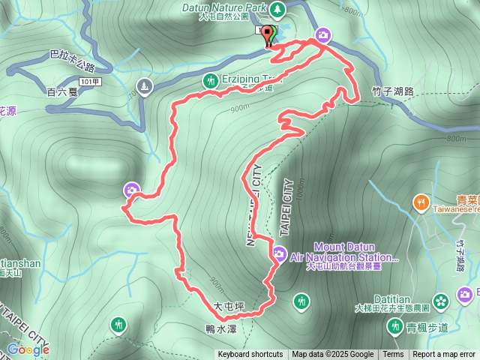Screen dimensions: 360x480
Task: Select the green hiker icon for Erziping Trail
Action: (211, 79)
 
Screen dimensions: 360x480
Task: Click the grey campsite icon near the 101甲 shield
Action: (145, 87)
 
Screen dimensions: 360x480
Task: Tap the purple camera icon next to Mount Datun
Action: (279, 254)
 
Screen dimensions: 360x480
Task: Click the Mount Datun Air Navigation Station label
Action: (346, 252)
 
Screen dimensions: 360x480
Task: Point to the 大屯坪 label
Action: (229, 306)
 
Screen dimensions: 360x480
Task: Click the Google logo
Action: (28, 349)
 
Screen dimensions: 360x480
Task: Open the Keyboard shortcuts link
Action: (250, 355)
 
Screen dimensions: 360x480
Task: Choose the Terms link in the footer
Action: (393, 355)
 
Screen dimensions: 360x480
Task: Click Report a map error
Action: (445, 355)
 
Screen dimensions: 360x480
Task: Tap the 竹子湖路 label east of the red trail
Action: (393, 91)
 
